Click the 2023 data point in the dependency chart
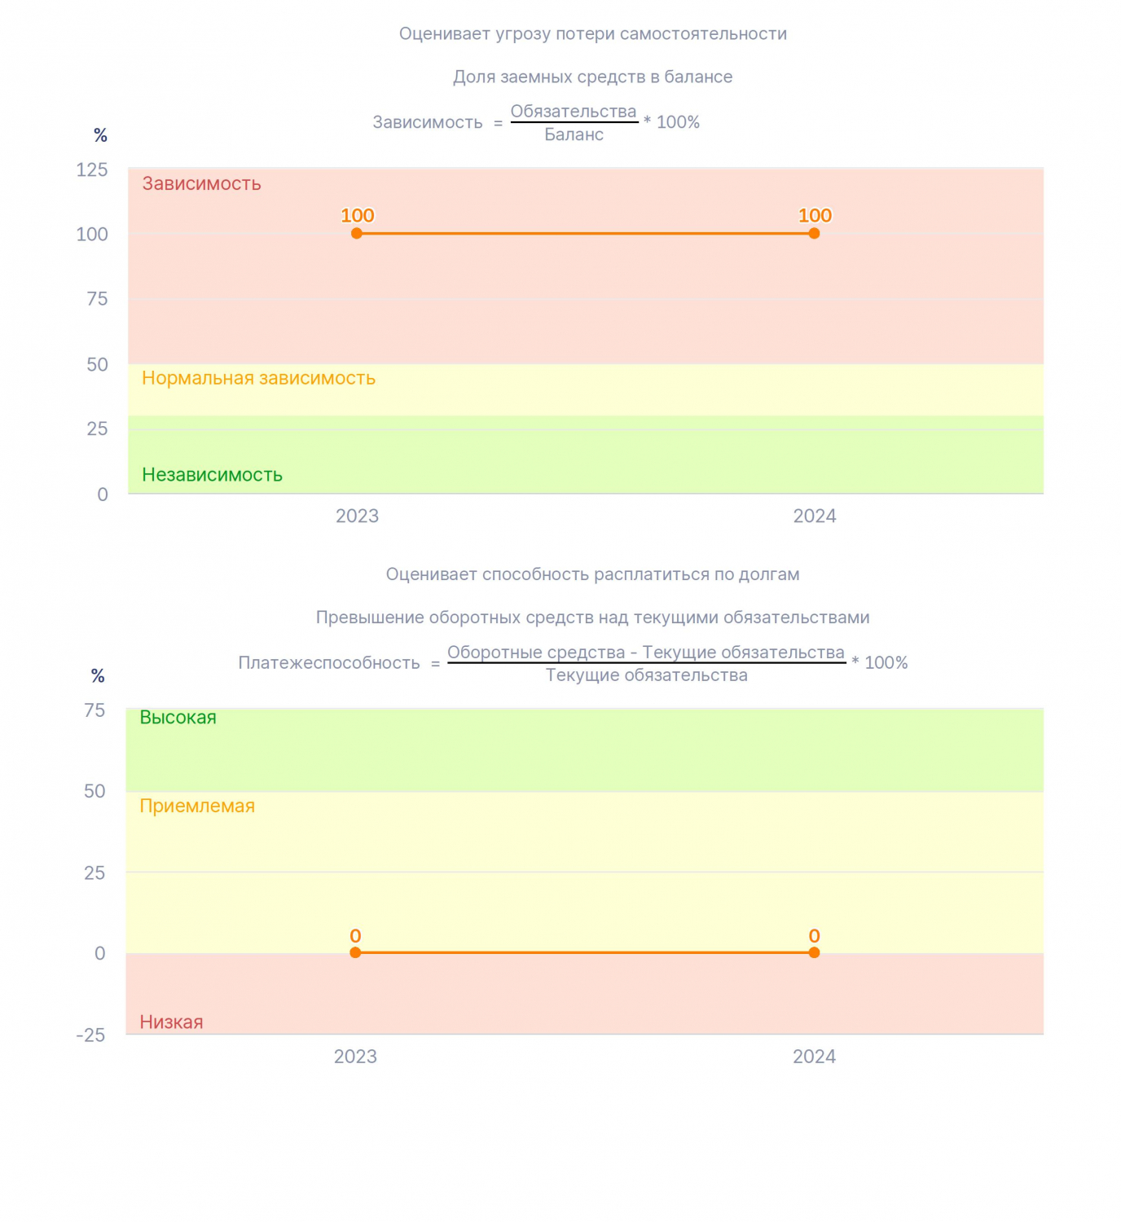[x=356, y=233]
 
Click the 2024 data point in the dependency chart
[x=814, y=233]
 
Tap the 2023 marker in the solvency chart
[x=355, y=952]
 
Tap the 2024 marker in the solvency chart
[x=814, y=952]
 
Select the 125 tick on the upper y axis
[x=91, y=169]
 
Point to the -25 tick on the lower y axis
[x=90, y=1035]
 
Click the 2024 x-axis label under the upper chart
[x=815, y=516]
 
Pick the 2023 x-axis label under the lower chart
[x=355, y=1057]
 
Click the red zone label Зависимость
[x=202, y=183]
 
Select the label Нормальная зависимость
[x=258, y=378]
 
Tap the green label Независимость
[x=212, y=475]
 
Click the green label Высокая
[x=178, y=717]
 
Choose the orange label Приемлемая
[x=197, y=806]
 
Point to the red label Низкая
[x=171, y=1022]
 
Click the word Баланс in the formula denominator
[x=574, y=134]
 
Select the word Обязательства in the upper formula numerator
[x=574, y=112]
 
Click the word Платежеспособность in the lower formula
[x=329, y=663]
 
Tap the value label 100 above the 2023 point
[x=357, y=215]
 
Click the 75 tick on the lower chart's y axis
[x=95, y=710]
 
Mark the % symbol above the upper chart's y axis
[x=100, y=135]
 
